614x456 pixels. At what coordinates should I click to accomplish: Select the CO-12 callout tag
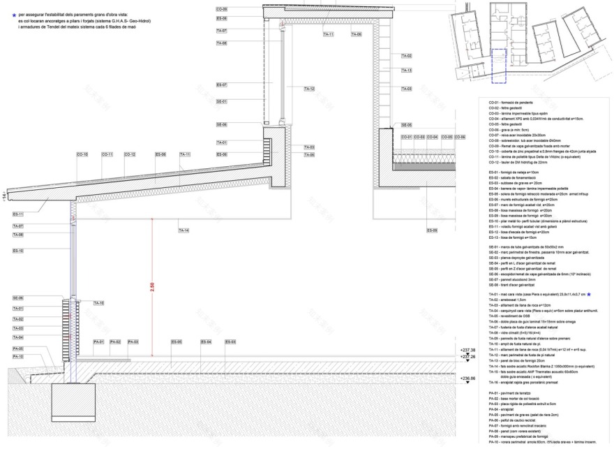click(130, 154)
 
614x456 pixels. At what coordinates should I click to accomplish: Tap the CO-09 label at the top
click(221, 8)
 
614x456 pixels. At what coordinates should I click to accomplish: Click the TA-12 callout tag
click(309, 89)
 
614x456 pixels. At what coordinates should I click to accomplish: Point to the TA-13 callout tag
click(407, 71)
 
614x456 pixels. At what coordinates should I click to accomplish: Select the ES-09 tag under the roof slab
click(431, 230)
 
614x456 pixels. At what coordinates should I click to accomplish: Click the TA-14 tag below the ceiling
click(184, 230)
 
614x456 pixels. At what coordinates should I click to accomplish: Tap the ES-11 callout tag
click(18, 214)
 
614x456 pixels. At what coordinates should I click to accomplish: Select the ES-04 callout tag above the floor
click(206, 341)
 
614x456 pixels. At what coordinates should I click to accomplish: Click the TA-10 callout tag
click(98, 303)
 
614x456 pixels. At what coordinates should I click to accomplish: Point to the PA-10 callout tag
click(18, 357)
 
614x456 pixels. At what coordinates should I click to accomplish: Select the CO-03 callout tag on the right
click(419, 137)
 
